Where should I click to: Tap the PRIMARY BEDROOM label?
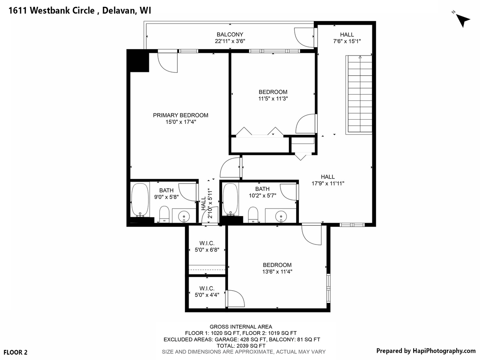tap(180, 115)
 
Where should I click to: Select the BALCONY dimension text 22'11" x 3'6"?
tap(230, 41)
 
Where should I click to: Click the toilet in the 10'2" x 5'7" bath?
tap(254, 214)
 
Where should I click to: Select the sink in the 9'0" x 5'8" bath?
tap(184, 216)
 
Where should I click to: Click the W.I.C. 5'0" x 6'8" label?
tap(207, 246)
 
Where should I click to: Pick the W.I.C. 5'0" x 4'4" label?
tap(207, 291)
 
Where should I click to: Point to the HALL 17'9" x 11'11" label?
tap(328, 180)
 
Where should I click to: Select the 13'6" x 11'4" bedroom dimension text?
tap(277, 271)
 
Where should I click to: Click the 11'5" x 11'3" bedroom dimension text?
tap(273, 99)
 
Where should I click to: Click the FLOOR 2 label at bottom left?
tap(15, 352)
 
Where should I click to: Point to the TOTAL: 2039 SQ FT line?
tap(241, 346)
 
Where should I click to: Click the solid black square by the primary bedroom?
tap(138, 60)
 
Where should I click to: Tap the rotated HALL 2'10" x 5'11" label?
tap(207, 203)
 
